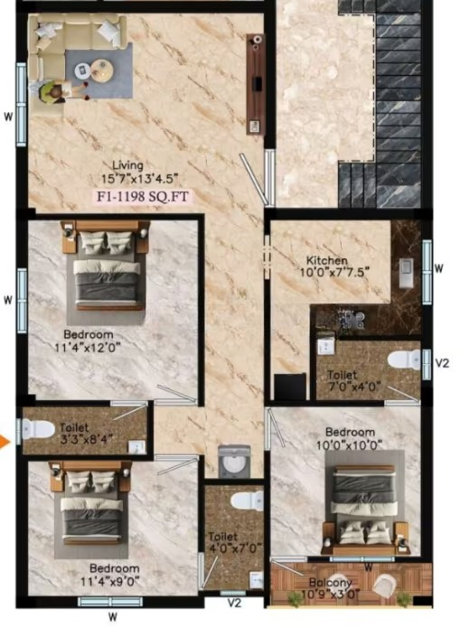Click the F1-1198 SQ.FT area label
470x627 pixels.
[x=143, y=197]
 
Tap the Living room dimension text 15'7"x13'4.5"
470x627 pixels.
[x=138, y=178]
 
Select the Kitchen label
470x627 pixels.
[x=327, y=261]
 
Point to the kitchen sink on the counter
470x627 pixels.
[x=406, y=272]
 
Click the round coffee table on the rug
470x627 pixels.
[x=101, y=70]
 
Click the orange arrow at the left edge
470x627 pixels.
[x=5, y=442]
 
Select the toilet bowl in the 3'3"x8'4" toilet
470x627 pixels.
[x=38, y=429]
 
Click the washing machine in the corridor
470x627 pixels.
[x=234, y=463]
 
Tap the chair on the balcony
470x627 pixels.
[x=384, y=585]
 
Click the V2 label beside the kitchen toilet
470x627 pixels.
[x=442, y=362]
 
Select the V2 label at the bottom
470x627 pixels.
[x=234, y=603]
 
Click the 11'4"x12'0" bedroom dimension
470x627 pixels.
[x=88, y=347]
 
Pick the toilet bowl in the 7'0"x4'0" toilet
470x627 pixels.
[x=403, y=359]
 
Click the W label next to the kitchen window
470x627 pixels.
[x=438, y=268]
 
